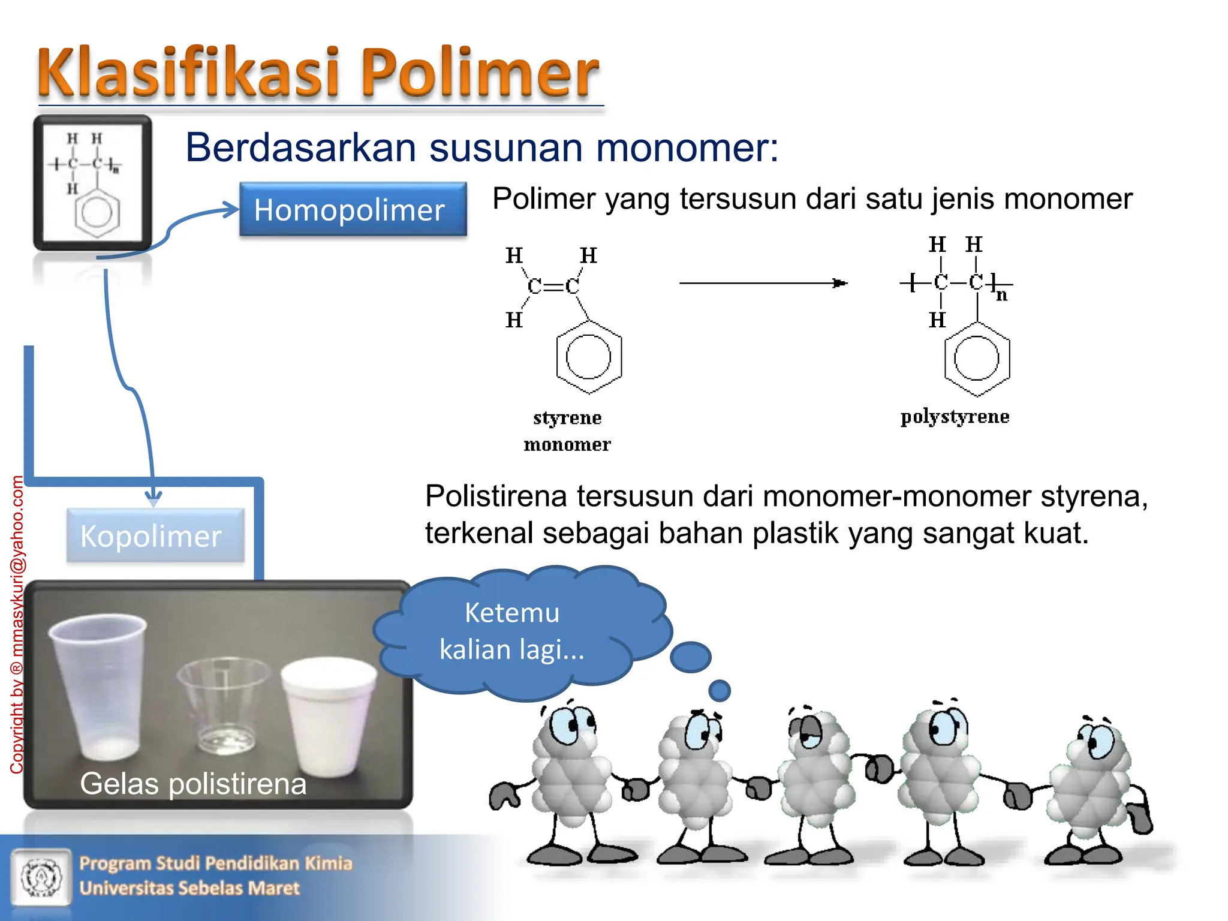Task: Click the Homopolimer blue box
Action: [353, 209]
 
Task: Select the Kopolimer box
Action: [155, 535]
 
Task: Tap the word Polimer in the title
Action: [480, 73]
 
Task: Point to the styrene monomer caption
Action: [567, 431]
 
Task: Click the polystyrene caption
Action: [955, 416]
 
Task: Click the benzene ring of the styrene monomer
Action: [588, 357]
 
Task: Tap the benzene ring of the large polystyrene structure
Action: [977, 359]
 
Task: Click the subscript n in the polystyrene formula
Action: [1001, 295]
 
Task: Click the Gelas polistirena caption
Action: [193, 784]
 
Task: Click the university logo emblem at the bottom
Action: [41, 876]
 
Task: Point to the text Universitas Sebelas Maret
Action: [189, 888]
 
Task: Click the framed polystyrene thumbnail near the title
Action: [92, 183]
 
